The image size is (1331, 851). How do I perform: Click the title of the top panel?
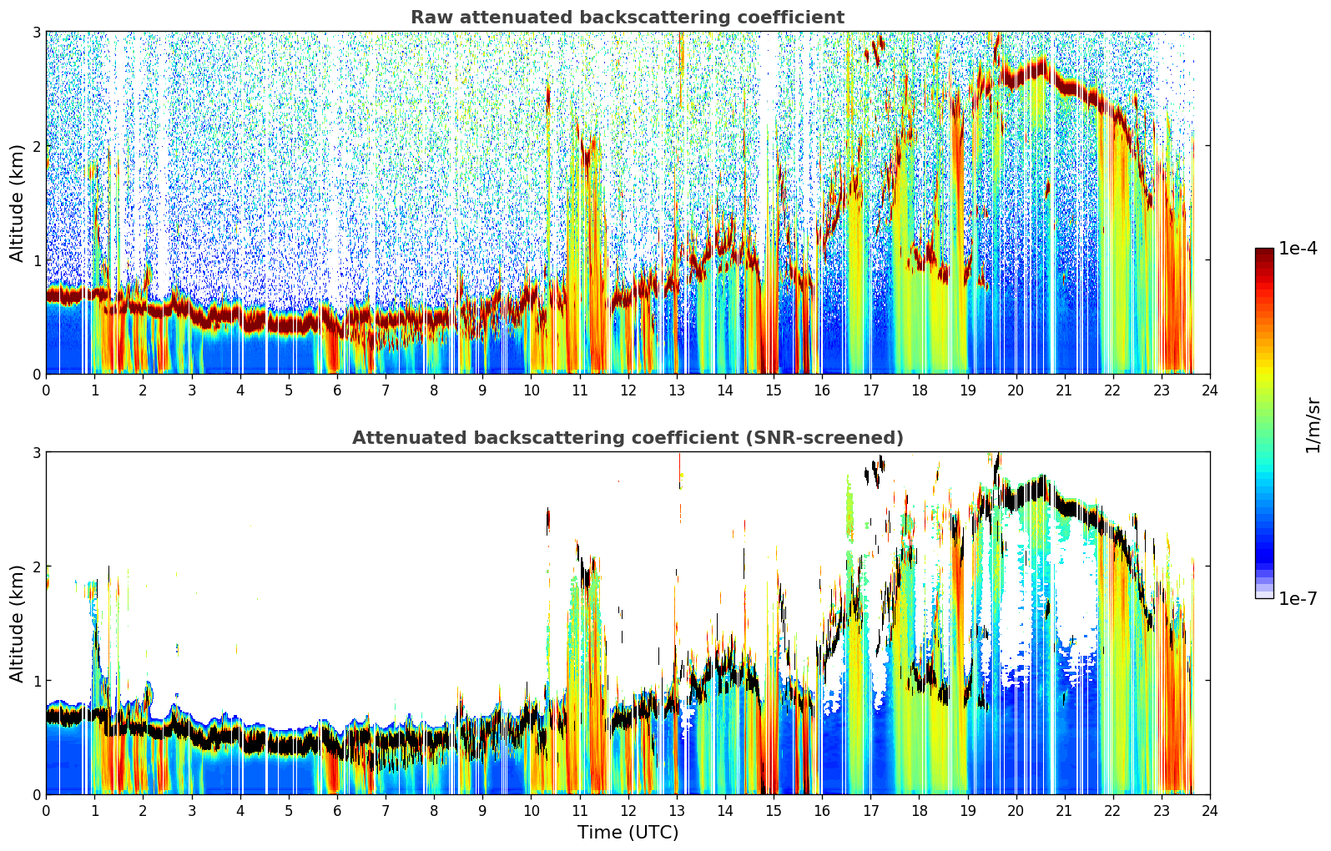628,18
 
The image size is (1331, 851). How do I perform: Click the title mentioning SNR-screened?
628,437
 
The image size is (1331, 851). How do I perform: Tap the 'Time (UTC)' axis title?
628,833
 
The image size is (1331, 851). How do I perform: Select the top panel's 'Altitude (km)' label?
17,204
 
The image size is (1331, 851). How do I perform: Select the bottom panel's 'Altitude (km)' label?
17,623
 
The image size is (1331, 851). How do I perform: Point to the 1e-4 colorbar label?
1298,249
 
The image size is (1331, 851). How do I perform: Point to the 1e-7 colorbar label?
1298,598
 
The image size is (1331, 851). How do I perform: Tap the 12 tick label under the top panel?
628,390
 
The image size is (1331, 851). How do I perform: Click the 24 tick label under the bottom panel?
1210,811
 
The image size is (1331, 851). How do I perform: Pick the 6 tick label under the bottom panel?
337,811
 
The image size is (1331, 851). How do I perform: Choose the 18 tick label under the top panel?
920,390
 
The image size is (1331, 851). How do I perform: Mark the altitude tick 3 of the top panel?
36,32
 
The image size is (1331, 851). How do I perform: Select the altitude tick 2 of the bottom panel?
36,566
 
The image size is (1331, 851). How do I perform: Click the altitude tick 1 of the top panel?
36,260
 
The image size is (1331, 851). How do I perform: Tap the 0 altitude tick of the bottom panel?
36,794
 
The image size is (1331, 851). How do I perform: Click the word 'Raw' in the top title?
432,18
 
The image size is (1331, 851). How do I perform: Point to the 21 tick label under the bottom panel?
1064,811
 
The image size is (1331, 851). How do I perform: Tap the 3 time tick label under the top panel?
192,390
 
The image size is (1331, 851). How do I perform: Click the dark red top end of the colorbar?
1264,252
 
